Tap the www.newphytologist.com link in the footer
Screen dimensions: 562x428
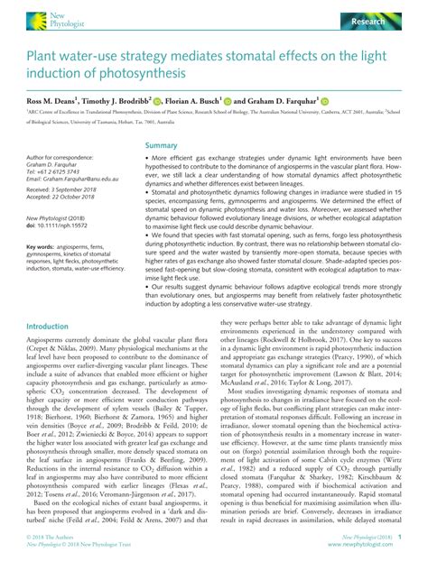click(x=364, y=544)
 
